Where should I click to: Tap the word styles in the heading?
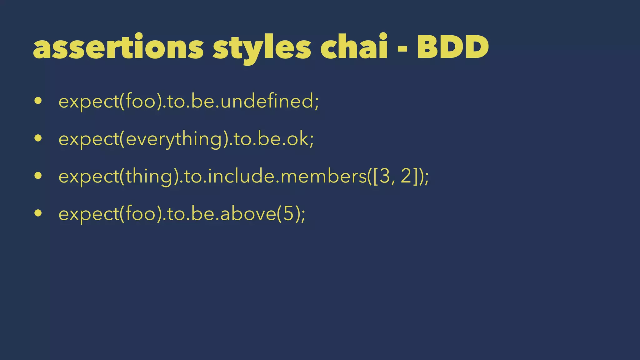tap(262, 48)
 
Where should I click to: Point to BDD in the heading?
tap(453, 47)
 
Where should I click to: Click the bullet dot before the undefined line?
tap(38, 101)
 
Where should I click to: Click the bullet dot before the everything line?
tap(38, 138)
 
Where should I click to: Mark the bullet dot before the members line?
tap(38, 176)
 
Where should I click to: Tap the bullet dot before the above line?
tap(38, 213)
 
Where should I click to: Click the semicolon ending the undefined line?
tap(317, 103)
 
